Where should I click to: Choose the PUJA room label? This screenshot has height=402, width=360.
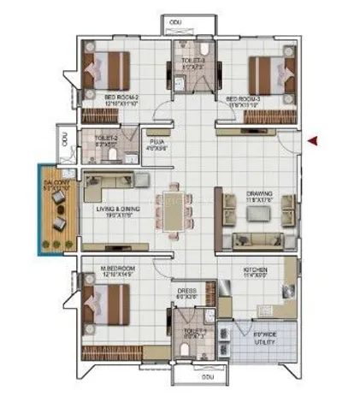[156, 142]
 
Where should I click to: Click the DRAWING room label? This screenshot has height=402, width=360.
[258, 194]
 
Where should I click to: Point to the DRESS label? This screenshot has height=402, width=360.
[185, 289]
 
